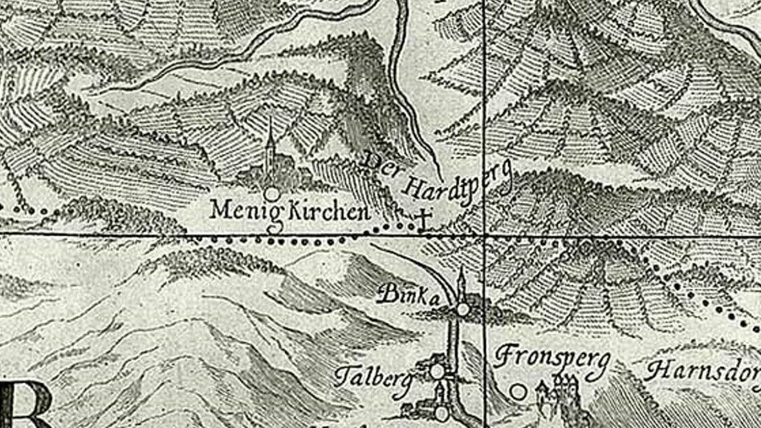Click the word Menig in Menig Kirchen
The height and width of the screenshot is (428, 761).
point(236,211)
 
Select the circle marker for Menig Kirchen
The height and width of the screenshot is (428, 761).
point(272,194)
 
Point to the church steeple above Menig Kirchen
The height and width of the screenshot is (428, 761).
point(271,145)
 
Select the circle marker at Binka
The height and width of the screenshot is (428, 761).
point(463,309)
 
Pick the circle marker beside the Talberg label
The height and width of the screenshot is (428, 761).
point(437,371)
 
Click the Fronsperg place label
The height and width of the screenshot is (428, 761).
point(553,358)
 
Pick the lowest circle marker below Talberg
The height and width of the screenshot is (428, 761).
point(442,413)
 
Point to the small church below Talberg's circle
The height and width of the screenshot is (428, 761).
point(440,394)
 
